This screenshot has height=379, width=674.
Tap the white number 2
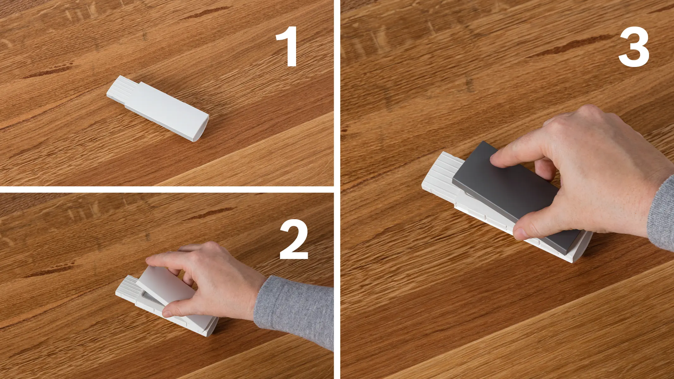[294, 239]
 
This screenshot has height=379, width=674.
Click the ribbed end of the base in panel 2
[126, 289]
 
